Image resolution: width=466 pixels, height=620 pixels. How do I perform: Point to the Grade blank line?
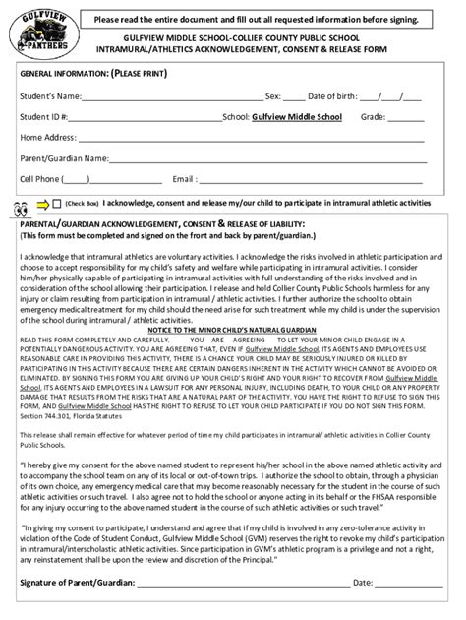(x=405, y=119)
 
